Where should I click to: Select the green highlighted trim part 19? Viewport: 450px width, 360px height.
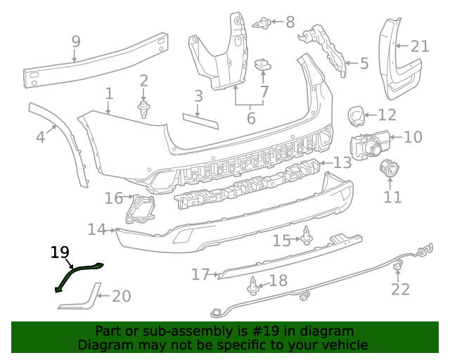[79, 272]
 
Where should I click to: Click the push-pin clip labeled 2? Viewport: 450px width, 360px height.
[144, 108]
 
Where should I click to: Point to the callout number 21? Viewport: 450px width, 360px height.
[420, 46]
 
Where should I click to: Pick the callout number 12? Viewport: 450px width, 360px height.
[387, 115]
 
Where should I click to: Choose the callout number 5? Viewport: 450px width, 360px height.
[364, 64]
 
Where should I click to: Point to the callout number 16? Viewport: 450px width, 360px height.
[114, 198]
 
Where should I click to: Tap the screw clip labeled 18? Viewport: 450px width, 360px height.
[252, 286]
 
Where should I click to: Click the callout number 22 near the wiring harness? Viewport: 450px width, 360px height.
[400, 289]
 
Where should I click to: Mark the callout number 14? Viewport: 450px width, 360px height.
[97, 229]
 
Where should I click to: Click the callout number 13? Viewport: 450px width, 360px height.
[342, 163]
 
